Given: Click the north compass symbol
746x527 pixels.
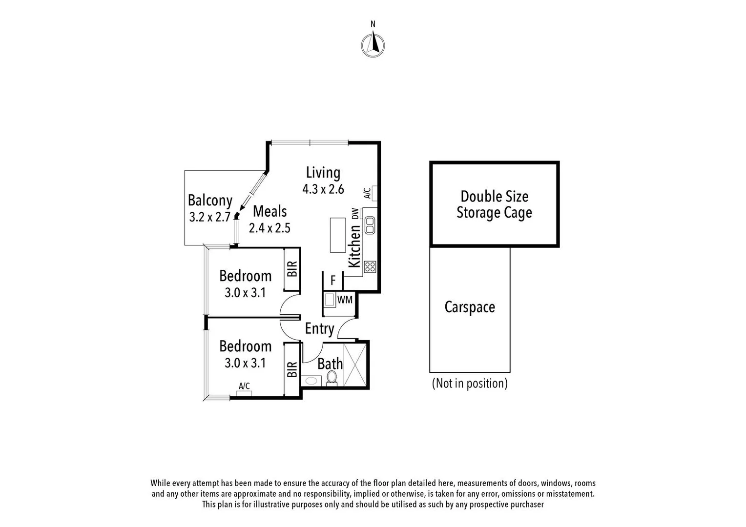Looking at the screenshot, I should [x=373, y=45].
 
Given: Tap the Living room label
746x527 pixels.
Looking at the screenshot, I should [x=323, y=173].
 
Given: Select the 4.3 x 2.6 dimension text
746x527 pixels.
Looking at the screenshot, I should [x=323, y=189].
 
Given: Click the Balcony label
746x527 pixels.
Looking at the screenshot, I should [x=210, y=201].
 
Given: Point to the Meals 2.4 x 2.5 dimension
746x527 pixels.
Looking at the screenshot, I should [x=269, y=228].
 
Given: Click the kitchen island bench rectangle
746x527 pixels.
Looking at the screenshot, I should [x=338, y=235].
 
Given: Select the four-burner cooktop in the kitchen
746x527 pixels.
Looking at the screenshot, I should [x=370, y=266].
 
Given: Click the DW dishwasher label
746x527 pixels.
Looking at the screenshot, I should [x=355, y=214].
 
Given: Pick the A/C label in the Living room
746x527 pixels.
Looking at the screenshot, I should [x=367, y=193].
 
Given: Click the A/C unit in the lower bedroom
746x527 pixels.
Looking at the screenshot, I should [x=244, y=393].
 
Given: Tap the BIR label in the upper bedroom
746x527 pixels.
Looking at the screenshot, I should [x=292, y=269].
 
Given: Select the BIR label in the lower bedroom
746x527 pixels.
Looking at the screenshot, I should [x=292, y=369].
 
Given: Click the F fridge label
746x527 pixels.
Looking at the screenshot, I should [x=333, y=281].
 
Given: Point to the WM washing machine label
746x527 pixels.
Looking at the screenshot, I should [x=345, y=300].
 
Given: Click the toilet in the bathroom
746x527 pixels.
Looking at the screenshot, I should [x=332, y=378].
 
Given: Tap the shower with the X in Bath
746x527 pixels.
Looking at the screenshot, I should [x=355, y=365].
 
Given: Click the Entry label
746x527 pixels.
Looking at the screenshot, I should [x=319, y=329].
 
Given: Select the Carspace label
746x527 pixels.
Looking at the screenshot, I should [x=469, y=307].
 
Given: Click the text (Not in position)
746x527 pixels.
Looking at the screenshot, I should [x=470, y=384].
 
